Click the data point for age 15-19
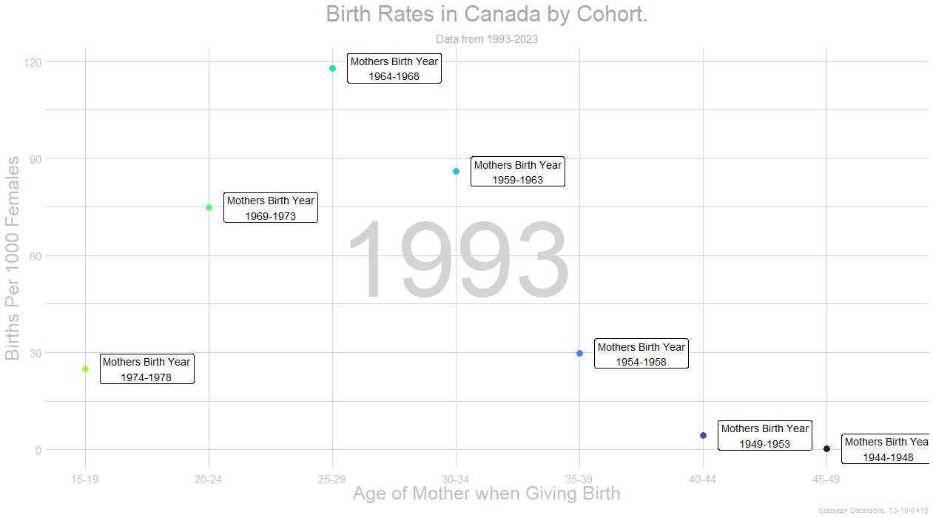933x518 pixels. (x=85, y=369)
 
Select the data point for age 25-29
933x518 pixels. (x=332, y=68)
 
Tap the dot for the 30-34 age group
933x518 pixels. (x=456, y=171)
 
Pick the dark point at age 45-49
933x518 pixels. (x=826, y=449)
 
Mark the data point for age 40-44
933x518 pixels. (x=703, y=435)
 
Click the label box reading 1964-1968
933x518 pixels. (x=394, y=69)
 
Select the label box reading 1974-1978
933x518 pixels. (x=147, y=369)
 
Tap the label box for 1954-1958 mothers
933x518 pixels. (x=641, y=354)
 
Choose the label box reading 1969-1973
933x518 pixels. (x=271, y=208)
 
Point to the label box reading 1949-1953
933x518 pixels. (x=765, y=436)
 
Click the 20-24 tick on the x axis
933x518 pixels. (x=209, y=480)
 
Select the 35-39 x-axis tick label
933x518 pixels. (x=579, y=480)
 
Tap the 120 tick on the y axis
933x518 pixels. (x=32, y=62)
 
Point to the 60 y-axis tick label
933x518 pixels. (x=34, y=256)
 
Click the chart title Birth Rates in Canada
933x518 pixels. (x=486, y=14)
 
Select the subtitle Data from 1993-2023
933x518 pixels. (x=486, y=39)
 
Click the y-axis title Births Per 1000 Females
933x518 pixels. (x=13, y=258)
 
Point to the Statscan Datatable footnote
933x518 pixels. (x=873, y=511)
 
